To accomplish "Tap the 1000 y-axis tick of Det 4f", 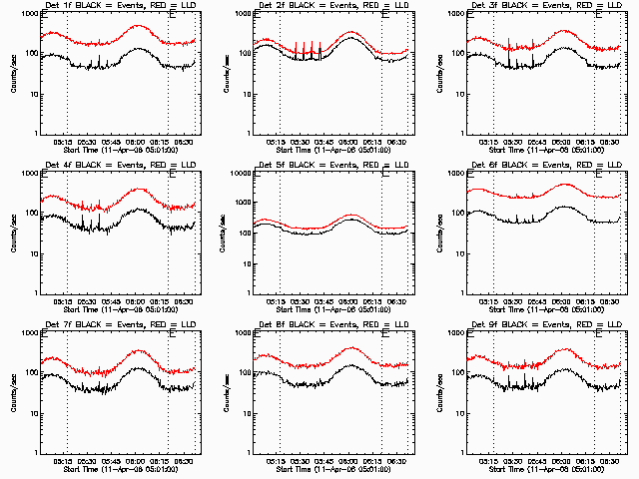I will tap(29, 175).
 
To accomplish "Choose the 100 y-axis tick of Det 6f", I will tap(457, 214).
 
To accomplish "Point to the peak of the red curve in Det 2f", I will tap(352, 32).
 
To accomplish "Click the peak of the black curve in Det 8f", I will tap(351, 366).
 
